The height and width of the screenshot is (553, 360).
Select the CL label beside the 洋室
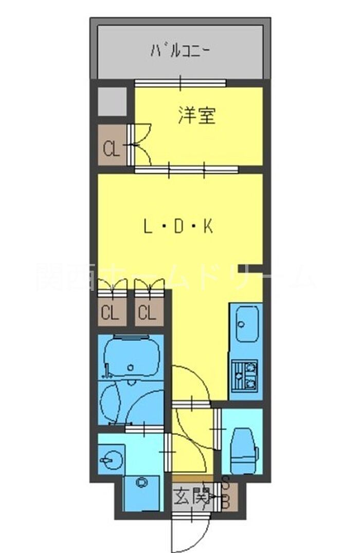[x=112, y=150]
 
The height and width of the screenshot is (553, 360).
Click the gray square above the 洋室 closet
[x=112, y=102]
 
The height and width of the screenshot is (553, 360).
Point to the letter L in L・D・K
[x=148, y=227]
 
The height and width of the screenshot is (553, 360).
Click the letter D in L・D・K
[x=178, y=227]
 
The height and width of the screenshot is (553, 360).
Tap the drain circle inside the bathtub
[x=131, y=367]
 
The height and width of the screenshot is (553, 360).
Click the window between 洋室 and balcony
[x=181, y=82]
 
